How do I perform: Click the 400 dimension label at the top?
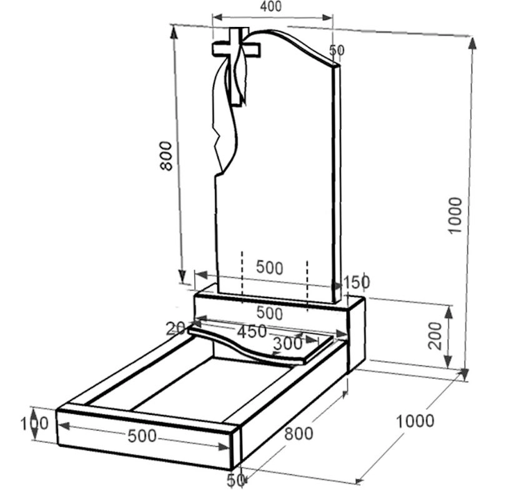tap(270, 6)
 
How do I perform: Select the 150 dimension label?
tap(357, 282)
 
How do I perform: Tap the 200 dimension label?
tap(435, 336)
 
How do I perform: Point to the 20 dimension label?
tap(175, 329)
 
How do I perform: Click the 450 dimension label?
tap(252, 332)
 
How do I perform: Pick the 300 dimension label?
tap(288, 344)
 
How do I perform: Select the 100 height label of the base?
tap(34, 424)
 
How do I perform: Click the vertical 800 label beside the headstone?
tap(166, 156)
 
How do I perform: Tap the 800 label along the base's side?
tap(299, 433)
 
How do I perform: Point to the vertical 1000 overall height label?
tap(455, 215)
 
